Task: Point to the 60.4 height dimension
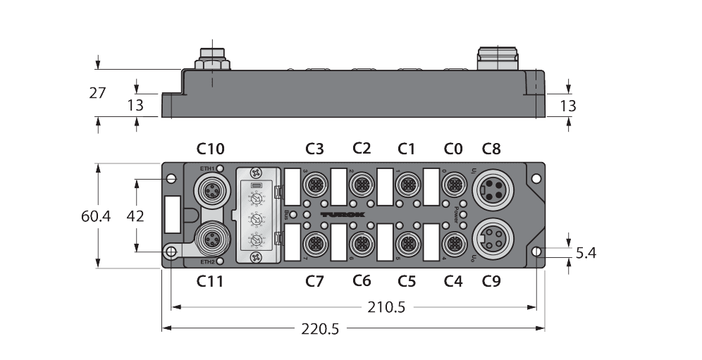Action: click(x=95, y=216)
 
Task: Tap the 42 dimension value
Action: click(x=133, y=216)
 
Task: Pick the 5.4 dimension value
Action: click(x=585, y=252)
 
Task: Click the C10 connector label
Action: click(x=210, y=149)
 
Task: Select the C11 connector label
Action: click(x=210, y=282)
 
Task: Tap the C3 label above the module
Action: click(x=315, y=149)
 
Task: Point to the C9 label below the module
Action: click(x=491, y=282)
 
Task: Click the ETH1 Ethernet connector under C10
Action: click(x=210, y=190)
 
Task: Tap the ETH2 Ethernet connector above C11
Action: click(x=210, y=240)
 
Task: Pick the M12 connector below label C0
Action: click(x=453, y=185)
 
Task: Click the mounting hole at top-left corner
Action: click(x=171, y=179)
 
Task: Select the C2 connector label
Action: click(x=362, y=149)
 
